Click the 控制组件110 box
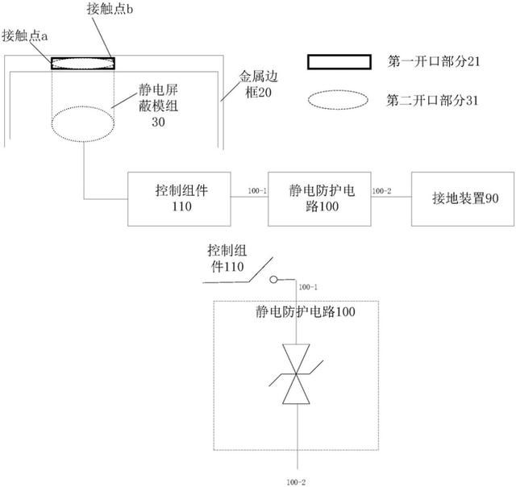click(179, 198)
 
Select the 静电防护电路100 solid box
click(319, 198)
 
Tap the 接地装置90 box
click(463, 198)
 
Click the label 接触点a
click(25, 35)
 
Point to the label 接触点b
click(110, 9)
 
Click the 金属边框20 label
click(258, 84)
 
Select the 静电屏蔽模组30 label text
click(158, 106)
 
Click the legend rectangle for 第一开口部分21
click(339, 62)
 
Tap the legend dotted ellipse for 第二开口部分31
click(338, 100)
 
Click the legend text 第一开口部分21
click(434, 61)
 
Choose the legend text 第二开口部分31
click(432, 100)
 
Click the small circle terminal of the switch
click(273, 280)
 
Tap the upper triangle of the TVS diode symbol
click(296, 359)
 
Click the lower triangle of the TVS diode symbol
click(296, 389)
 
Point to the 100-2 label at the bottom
click(296, 482)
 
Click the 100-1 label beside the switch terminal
click(308, 287)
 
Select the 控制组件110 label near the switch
click(227, 259)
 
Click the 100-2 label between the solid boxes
click(381, 191)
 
